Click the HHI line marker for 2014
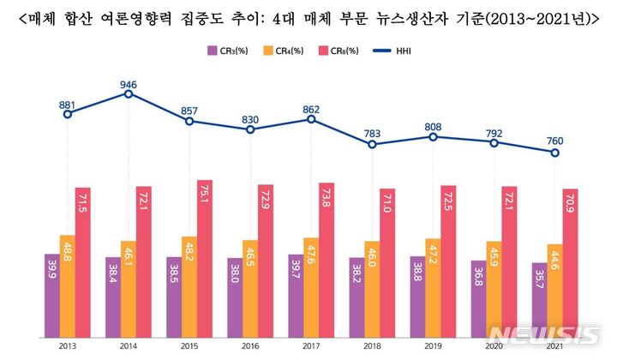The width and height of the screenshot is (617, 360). [128, 93]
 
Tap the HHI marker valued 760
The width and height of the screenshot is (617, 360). [555, 153]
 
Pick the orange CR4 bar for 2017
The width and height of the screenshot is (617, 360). [310, 282]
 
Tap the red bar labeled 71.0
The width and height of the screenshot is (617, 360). [386, 257]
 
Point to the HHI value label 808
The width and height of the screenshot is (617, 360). [434, 128]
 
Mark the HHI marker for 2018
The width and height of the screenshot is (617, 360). [372, 145]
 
